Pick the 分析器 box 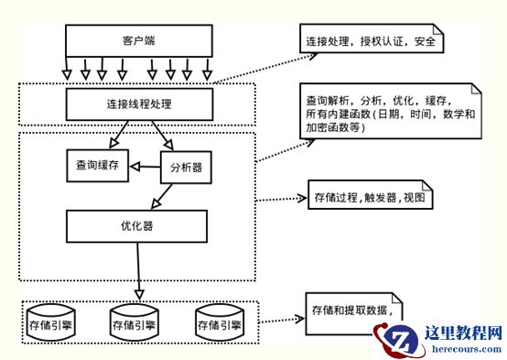(187, 167)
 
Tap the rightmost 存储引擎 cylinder (219, 322)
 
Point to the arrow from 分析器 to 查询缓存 (145, 167)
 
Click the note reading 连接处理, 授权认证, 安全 (372, 42)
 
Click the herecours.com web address (462, 349)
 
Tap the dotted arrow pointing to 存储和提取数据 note (279, 321)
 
